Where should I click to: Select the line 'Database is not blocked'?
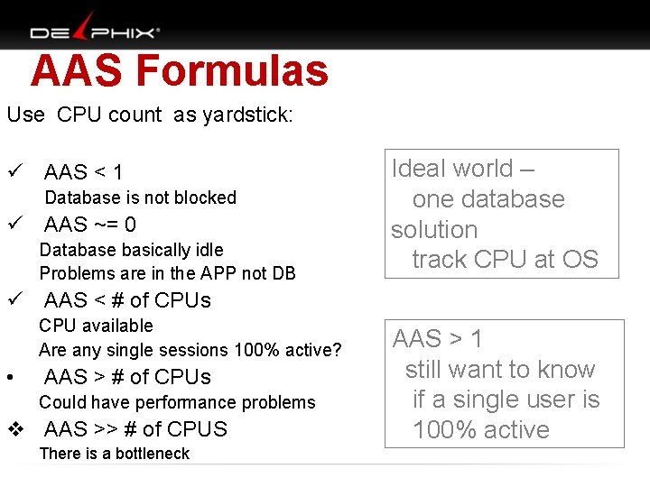coord(140,198)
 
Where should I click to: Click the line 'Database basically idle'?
coord(131,250)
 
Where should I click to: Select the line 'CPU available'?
coord(96,326)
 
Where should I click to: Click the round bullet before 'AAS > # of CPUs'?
coord(10,377)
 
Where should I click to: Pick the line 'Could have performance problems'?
coord(177,402)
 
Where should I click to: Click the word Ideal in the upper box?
coord(419,169)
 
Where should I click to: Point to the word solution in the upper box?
coord(434,229)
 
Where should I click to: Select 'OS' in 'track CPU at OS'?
coord(579,260)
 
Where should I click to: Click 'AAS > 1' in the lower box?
coord(438,339)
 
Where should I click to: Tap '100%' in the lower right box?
coord(444,429)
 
